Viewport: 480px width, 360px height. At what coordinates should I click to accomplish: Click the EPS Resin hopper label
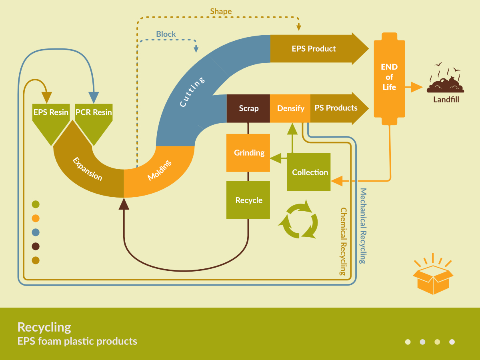tap(51, 112)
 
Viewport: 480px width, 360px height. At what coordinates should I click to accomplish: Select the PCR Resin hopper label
tap(94, 112)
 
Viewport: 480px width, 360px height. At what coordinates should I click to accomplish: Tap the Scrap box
tap(248, 108)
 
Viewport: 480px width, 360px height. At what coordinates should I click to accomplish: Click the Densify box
tap(290, 108)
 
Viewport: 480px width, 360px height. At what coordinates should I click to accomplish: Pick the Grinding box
tap(249, 153)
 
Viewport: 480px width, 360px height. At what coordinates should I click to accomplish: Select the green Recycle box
tap(248, 200)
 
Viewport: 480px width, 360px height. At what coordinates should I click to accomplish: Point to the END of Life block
tap(389, 77)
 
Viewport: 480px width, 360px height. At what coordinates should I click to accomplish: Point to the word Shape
tap(221, 12)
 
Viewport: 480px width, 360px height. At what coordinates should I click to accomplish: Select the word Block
tap(166, 34)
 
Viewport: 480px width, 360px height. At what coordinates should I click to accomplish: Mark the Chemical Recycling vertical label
tap(343, 241)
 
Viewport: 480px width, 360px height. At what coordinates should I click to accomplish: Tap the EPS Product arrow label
tap(314, 49)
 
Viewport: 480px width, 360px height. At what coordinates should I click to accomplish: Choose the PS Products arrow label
tap(336, 108)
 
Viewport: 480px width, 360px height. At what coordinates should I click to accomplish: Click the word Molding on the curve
tap(160, 170)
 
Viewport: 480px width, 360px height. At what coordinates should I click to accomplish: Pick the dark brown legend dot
tap(36, 246)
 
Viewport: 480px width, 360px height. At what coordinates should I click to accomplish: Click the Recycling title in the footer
tap(44, 327)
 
